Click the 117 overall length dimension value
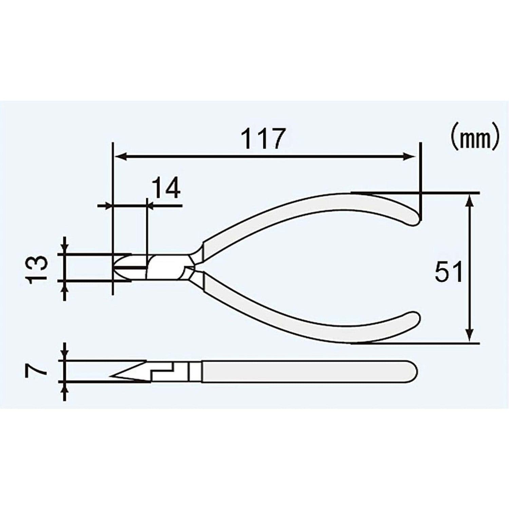[262, 139]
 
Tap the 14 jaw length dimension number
[165, 189]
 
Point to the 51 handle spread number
[449, 272]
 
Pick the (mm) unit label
[475, 139]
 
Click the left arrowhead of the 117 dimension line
[119, 157]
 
